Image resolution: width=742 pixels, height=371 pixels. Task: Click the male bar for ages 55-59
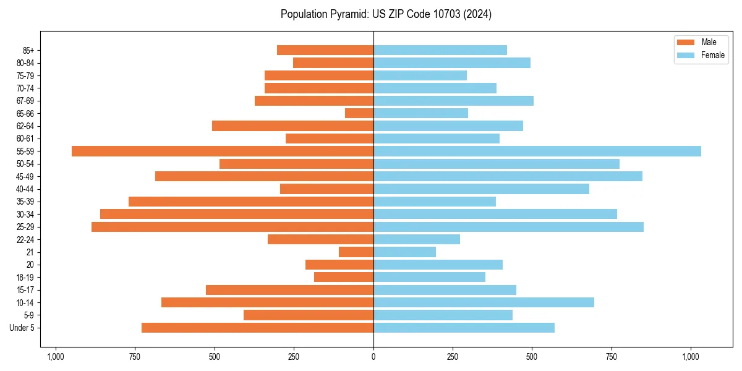pos(223,151)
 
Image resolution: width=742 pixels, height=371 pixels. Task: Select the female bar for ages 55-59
pos(537,151)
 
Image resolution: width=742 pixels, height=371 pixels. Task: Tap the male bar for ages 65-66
pos(359,113)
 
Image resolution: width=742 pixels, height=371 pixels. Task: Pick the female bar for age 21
pos(404,252)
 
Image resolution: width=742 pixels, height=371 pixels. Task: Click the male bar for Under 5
pos(257,328)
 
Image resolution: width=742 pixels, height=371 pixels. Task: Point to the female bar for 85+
pos(440,50)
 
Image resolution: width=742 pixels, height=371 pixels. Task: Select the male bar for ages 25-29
pos(232,227)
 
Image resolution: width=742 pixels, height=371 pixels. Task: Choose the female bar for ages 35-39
pos(435,202)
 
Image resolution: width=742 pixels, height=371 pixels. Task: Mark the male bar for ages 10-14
pos(267,302)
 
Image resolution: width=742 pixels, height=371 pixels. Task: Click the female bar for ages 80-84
pos(452,62)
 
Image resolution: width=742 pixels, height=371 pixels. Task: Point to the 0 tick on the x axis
pos(373,357)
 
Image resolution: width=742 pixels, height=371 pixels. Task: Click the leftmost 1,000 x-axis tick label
pos(56,357)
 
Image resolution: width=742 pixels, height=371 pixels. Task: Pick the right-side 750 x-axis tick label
pos(612,357)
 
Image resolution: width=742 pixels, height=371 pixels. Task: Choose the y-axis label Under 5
pos(22,328)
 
